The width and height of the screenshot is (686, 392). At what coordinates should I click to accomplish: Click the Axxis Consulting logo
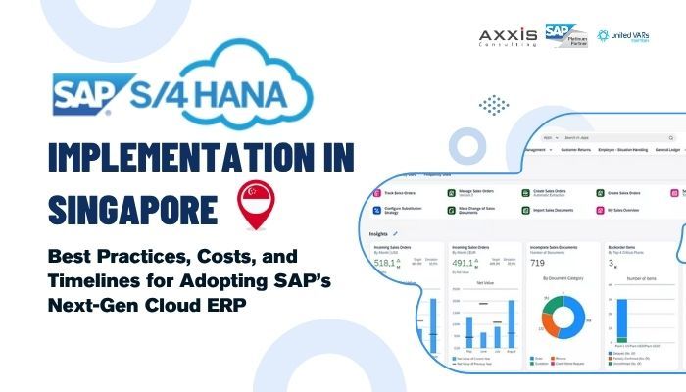point(508,38)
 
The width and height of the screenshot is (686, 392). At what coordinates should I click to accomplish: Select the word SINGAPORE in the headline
point(116,208)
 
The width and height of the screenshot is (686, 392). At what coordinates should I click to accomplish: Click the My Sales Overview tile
point(625,208)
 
